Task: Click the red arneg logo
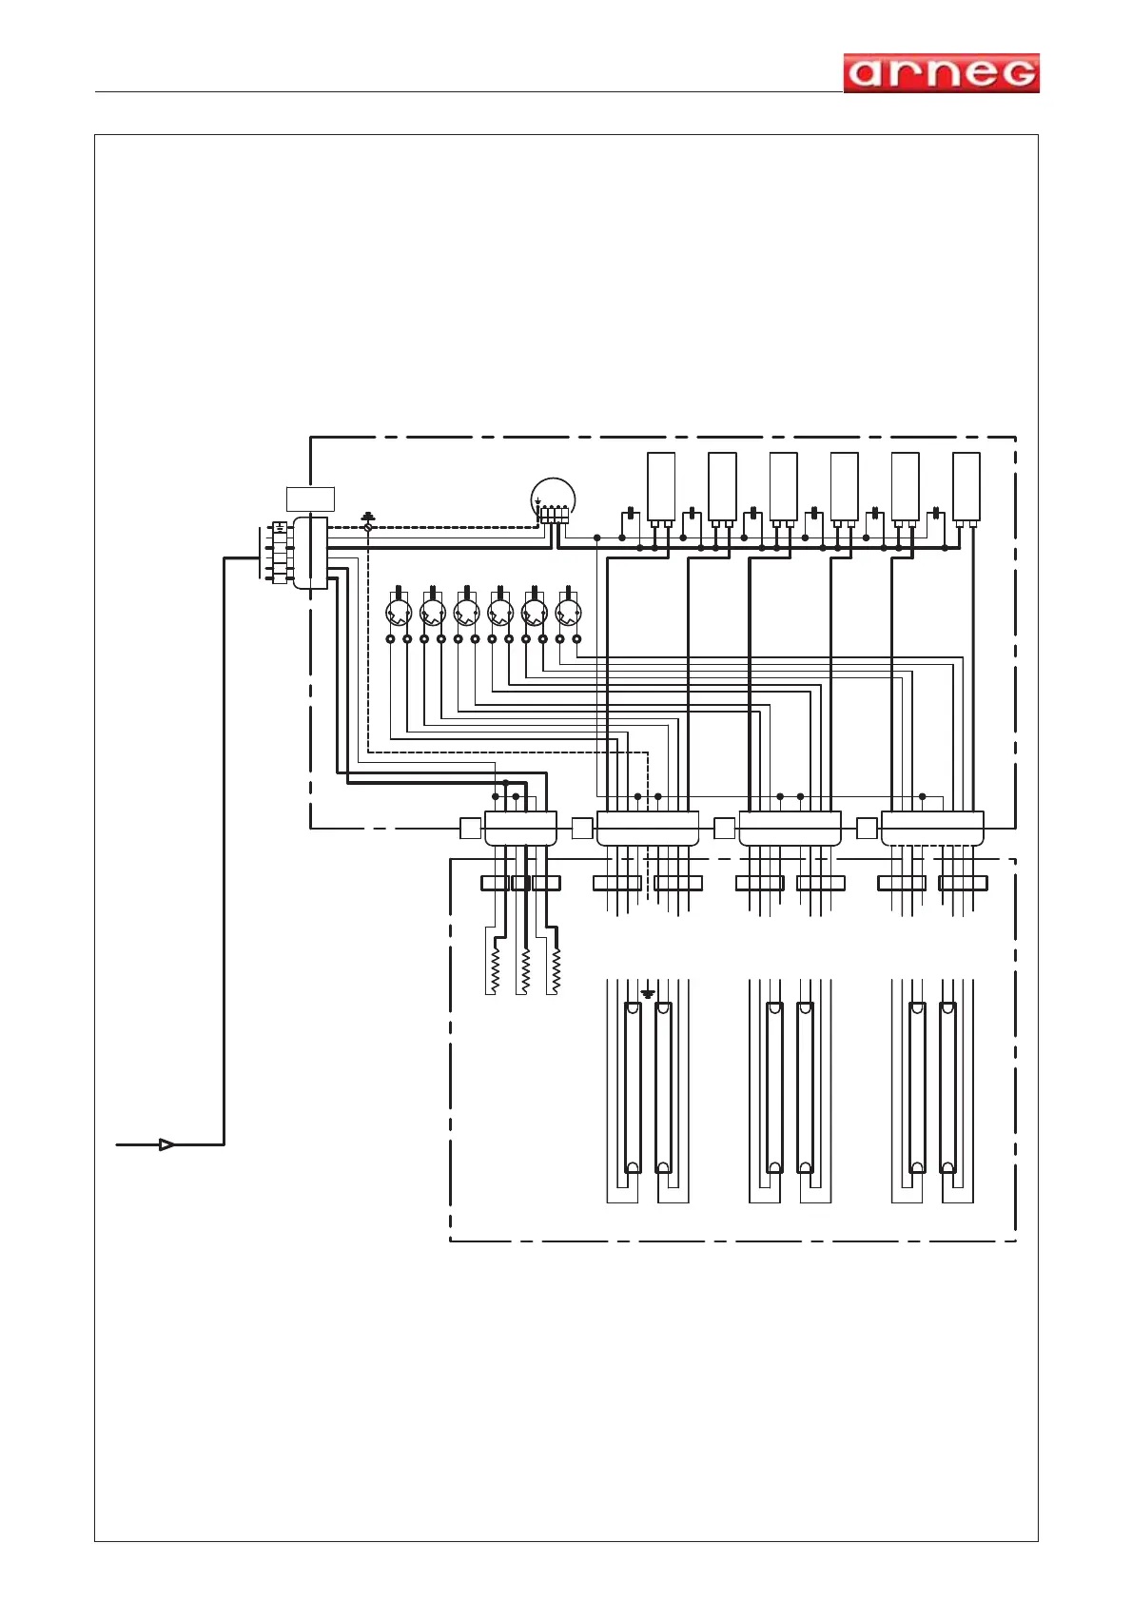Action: click(941, 73)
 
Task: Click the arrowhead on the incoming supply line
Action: click(166, 1144)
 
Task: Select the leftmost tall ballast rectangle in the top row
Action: click(661, 486)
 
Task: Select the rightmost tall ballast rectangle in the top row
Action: click(966, 486)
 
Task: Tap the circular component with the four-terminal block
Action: click(553, 499)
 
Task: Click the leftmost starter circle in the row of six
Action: click(399, 610)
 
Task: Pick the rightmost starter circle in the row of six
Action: click(568, 610)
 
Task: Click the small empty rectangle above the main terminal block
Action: click(310, 498)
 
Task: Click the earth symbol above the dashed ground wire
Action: click(369, 517)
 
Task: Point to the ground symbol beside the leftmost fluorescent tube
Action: click(648, 994)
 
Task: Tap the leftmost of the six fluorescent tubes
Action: click(633, 1087)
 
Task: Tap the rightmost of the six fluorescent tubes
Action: click(947, 1087)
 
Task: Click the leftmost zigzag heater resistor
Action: click(495, 970)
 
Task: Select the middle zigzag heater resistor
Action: click(525, 970)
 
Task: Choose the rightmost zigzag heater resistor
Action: click(556, 970)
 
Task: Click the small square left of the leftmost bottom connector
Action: click(470, 828)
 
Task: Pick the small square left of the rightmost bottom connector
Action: click(867, 828)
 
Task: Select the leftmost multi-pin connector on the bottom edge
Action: click(520, 828)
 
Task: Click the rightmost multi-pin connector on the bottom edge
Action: click(932, 828)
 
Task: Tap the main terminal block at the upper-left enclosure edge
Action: click(310, 553)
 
